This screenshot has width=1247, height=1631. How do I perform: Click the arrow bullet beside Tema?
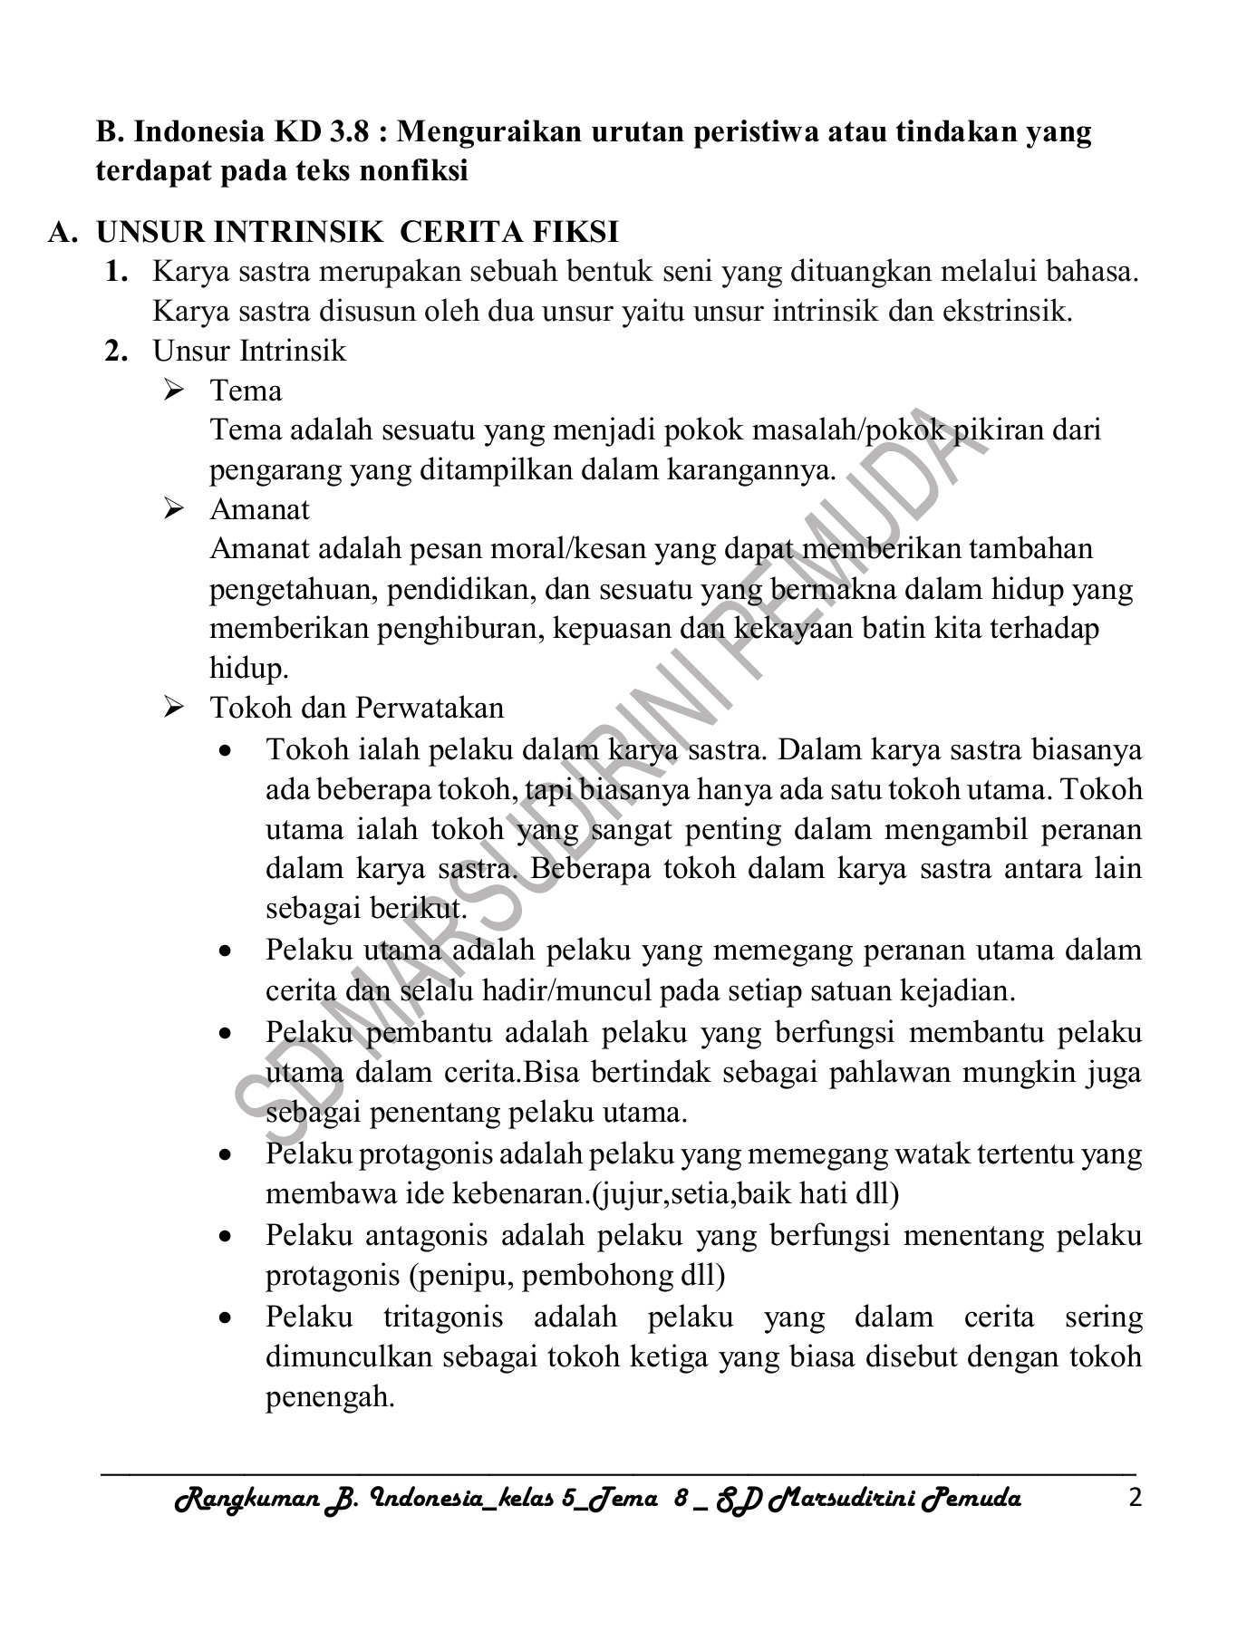[174, 391]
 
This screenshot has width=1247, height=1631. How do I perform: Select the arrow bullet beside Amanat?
[174, 510]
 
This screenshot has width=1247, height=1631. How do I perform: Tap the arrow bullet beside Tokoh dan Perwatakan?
[174, 709]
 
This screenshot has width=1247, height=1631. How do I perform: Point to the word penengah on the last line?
[330, 1397]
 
